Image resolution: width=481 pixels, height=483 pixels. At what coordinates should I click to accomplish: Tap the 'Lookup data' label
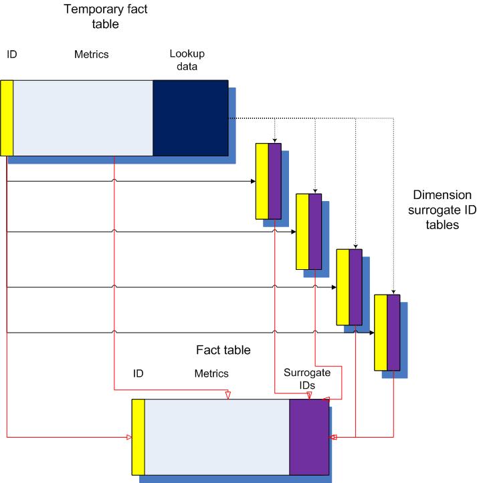coord(187,60)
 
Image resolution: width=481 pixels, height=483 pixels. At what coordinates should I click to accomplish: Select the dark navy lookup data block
coord(191,118)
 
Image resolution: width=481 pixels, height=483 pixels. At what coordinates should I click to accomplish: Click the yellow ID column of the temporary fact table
coord(7,118)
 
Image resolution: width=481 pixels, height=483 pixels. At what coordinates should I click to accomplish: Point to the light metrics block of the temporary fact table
coord(83,118)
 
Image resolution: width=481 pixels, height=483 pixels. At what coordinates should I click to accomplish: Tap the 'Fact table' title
coord(223,350)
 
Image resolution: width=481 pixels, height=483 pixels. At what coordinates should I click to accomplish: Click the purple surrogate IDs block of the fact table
coord(309,437)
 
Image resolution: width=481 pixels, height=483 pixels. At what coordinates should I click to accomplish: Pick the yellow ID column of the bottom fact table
coord(138,437)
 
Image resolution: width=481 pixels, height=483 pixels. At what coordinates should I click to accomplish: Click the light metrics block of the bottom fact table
coord(217,437)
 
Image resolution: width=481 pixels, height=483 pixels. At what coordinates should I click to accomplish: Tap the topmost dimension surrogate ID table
coord(268,181)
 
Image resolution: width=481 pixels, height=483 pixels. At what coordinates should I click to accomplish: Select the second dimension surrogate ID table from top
coord(308,232)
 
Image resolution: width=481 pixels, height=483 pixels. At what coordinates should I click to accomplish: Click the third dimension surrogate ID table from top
coord(349,287)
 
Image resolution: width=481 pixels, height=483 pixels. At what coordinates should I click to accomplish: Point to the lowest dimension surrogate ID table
coord(387,332)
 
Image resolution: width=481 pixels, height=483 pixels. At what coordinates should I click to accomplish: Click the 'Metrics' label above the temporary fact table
coord(91,54)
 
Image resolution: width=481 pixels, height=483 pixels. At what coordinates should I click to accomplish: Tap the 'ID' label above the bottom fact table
coord(138,373)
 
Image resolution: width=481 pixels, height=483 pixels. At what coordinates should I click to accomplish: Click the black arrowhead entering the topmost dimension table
coord(253,181)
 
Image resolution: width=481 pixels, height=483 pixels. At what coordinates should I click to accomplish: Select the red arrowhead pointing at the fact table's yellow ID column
coord(128,437)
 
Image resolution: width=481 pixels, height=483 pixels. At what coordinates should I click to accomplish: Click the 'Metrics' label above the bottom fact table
coord(211,373)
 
